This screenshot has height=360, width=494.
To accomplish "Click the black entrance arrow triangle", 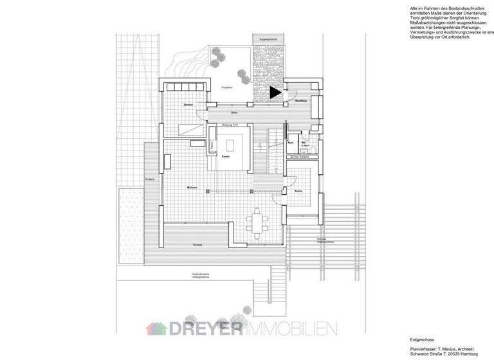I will [x=276, y=93].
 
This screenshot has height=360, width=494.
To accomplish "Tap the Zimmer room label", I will [x=188, y=104].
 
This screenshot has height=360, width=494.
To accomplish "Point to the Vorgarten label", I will [x=226, y=86].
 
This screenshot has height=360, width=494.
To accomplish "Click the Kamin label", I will [x=226, y=157].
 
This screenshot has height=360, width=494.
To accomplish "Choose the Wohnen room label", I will [x=191, y=187].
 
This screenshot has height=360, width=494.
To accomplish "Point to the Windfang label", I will [x=300, y=102].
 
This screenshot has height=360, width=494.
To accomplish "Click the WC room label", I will [x=303, y=143].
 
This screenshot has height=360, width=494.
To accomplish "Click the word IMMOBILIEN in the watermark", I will [x=291, y=328].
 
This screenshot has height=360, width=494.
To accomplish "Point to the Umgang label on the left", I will [x=149, y=179].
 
